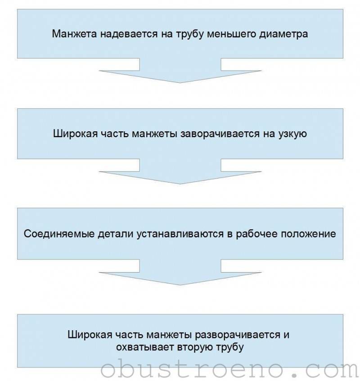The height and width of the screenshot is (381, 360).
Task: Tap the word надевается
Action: tap(129, 34)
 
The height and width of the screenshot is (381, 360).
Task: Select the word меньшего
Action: tap(231, 34)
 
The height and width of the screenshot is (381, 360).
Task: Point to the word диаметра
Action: tap(283, 34)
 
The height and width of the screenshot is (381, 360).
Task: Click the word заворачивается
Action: tap(220, 134)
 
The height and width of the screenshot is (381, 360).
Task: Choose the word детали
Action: tap(116, 234)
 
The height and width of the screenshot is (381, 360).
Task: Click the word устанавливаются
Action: tap(180, 234)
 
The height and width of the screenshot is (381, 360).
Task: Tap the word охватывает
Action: tap(145, 347)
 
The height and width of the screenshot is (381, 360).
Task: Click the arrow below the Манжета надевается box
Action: tap(180, 71)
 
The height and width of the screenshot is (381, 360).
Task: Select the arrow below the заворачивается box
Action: tap(180, 171)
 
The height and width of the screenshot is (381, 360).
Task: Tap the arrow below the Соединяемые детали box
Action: tap(180, 272)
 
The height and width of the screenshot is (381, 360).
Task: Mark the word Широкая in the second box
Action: tap(75, 134)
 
